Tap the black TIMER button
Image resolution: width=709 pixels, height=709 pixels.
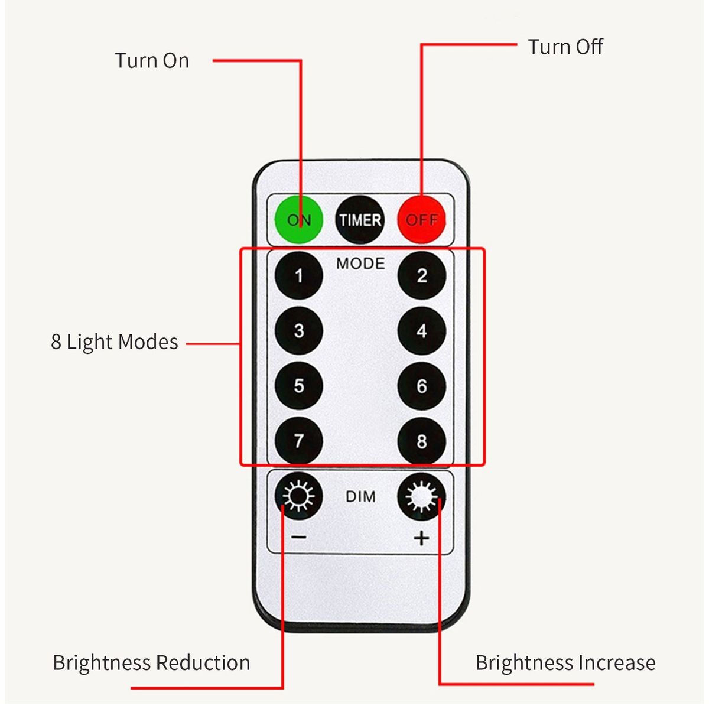(359, 220)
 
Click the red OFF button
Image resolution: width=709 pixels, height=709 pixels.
(421, 219)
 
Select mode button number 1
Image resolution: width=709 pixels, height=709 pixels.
(299, 275)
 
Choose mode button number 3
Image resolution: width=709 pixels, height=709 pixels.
(299, 330)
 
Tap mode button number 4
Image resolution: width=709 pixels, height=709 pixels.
(421, 330)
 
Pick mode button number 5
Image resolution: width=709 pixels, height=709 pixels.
(299, 386)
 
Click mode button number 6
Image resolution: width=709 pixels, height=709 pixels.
(421, 386)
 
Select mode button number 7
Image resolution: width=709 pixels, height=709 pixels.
(299, 441)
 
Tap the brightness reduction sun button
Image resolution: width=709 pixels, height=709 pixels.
(299, 496)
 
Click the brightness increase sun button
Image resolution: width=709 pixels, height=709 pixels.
(421, 496)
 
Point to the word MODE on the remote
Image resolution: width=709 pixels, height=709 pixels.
(360, 264)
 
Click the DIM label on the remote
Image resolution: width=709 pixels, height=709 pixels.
(360, 496)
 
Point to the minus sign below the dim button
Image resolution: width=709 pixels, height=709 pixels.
(299, 537)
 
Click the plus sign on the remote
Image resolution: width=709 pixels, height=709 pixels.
(421, 538)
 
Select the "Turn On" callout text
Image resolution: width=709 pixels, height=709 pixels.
(152, 60)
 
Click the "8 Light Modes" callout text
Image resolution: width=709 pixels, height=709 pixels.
(115, 342)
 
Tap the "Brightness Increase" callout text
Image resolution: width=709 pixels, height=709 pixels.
(565, 662)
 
